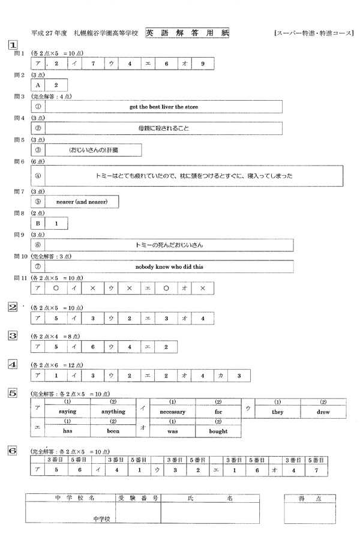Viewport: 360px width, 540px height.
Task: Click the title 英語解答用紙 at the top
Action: (187, 32)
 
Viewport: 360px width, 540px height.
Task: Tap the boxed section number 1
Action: (12, 45)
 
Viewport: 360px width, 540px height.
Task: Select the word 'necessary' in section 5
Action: (172, 412)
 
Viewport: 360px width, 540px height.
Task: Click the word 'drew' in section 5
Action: (323, 412)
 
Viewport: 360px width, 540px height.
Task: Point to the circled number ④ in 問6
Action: (37, 176)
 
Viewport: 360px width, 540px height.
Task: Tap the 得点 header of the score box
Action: (309, 498)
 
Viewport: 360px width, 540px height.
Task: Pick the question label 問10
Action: (21, 256)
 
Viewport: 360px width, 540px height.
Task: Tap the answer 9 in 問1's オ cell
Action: (203, 64)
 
